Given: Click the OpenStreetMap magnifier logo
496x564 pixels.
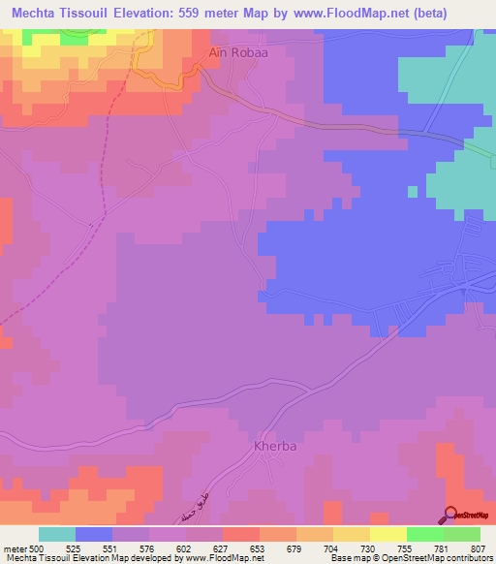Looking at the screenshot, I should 451,515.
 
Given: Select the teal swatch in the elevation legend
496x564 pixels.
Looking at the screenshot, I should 56,534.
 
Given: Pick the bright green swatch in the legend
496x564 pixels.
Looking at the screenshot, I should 424,534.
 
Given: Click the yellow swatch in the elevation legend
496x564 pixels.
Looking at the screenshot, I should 351,534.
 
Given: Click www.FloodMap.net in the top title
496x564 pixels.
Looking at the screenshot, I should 375,13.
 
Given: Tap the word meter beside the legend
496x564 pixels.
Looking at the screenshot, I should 14,548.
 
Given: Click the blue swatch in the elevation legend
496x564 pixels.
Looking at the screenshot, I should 94,534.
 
